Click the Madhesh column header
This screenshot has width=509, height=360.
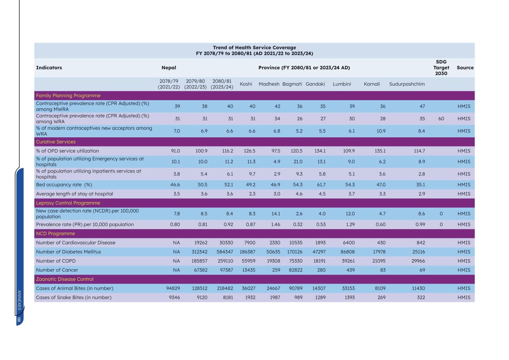[269, 84]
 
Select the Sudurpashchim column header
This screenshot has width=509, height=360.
[407, 84]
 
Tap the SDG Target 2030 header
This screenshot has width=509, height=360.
[441, 67]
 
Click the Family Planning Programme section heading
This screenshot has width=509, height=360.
[68, 95]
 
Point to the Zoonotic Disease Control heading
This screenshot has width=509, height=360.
[65, 279]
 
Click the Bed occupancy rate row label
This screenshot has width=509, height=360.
[64, 184]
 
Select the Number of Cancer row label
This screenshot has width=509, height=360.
[57, 270]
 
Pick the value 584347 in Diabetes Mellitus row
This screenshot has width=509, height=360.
[225, 252]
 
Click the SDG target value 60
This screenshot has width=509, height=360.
[441, 119]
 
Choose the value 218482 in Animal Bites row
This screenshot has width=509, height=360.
[225, 288]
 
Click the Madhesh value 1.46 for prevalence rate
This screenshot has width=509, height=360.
[275, 224]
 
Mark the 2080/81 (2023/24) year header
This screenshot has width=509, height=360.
[222, 84]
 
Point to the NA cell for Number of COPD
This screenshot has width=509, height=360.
[176, 261]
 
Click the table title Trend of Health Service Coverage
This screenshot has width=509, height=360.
[254, 47]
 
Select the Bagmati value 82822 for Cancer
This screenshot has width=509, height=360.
[296, 270]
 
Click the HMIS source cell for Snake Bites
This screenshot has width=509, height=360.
[464, 297]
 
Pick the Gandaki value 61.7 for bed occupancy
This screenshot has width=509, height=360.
[321, 184]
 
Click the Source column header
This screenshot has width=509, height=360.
[465, 67]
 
